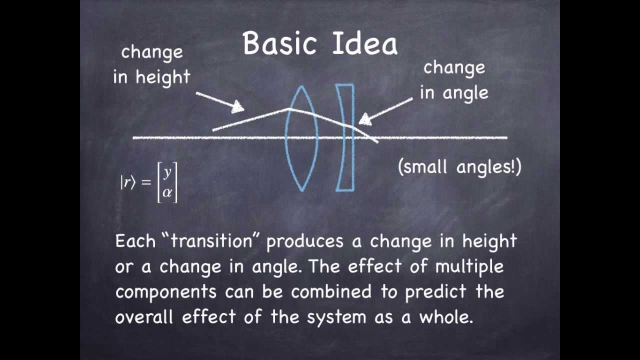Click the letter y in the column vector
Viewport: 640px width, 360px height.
coord(167,172)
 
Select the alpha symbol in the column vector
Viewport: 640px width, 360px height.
coord(167,192)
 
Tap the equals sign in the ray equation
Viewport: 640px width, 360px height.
coord(146,182)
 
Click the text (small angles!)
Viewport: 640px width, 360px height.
coord(459,166)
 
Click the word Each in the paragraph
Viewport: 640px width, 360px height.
coord(135,241)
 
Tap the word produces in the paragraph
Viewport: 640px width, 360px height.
coord(304,241)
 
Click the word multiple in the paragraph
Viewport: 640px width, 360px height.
coord(469,266)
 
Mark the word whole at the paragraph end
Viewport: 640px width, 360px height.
coord(446,317)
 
